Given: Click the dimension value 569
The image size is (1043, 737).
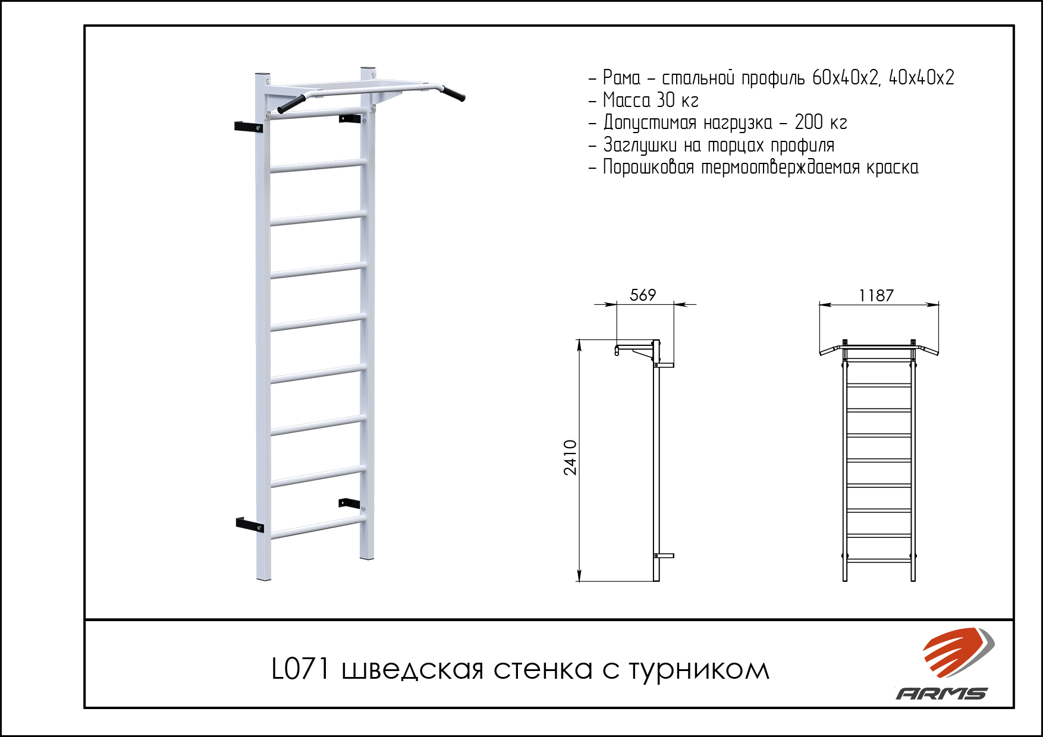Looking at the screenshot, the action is point(642,295).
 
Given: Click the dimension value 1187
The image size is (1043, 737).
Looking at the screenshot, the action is point(875,295).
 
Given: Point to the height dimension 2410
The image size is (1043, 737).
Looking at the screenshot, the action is point(570,458).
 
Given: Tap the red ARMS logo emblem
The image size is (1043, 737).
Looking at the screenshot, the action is point(958,652).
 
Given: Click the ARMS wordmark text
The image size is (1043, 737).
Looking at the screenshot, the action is point(941,693).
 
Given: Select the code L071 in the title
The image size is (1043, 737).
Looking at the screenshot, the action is point(300,669).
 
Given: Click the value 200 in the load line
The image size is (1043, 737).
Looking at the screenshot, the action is point(809,122).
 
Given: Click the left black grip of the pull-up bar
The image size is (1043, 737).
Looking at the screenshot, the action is point(291,104).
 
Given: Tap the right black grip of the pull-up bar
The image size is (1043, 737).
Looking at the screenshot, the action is point(453,94).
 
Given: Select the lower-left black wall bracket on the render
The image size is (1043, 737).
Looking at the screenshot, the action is point(250,524).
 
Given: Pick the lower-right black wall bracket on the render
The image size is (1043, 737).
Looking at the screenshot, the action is point(350,503).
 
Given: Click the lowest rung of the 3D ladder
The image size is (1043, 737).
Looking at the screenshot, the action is point(318,528).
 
